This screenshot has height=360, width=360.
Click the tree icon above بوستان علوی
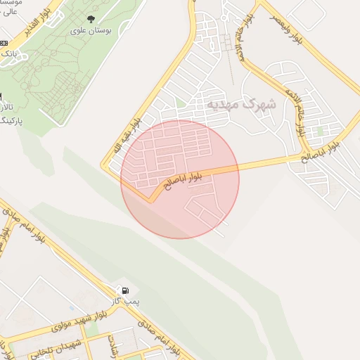(x=90, y=18)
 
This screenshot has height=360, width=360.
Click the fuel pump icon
(x=125, y=290)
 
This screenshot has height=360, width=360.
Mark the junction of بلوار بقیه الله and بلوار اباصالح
(x=150, y=200)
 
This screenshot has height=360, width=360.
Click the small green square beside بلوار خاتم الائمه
(x=321, y=131)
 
